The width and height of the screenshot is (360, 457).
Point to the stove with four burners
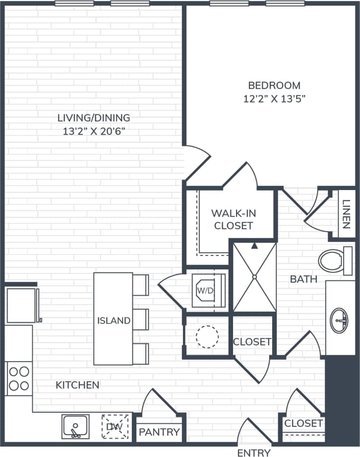19,378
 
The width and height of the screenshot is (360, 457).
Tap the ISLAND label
114,321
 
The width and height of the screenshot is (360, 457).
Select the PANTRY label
159,432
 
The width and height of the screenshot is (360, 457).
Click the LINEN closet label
346,214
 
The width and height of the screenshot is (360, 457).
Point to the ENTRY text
254,453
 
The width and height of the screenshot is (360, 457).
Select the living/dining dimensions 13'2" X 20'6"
94,131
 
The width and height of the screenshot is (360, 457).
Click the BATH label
303,279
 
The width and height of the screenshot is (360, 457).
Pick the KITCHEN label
77,385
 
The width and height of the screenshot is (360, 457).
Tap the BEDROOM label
274,85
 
